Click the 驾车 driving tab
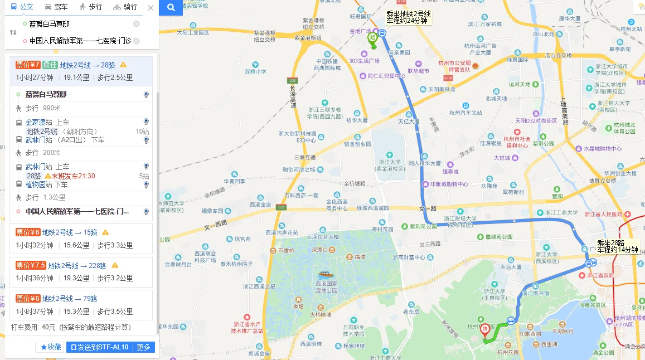click(x=56, y=7)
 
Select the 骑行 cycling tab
click(x=125, y=7)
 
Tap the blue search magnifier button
click(x=171, y=8)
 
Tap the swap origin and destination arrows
click(x=13, y=32)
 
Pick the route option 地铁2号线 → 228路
click(x=76, y=265)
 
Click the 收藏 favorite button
click(x=51, y=347)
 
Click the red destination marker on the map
click(x=485, y=330)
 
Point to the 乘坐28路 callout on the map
click(x=617, y=246)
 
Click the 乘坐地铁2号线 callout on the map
click(x=409, y=17)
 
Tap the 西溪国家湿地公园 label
click(x=324, y=286)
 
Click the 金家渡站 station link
click(x=39, y=122)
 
